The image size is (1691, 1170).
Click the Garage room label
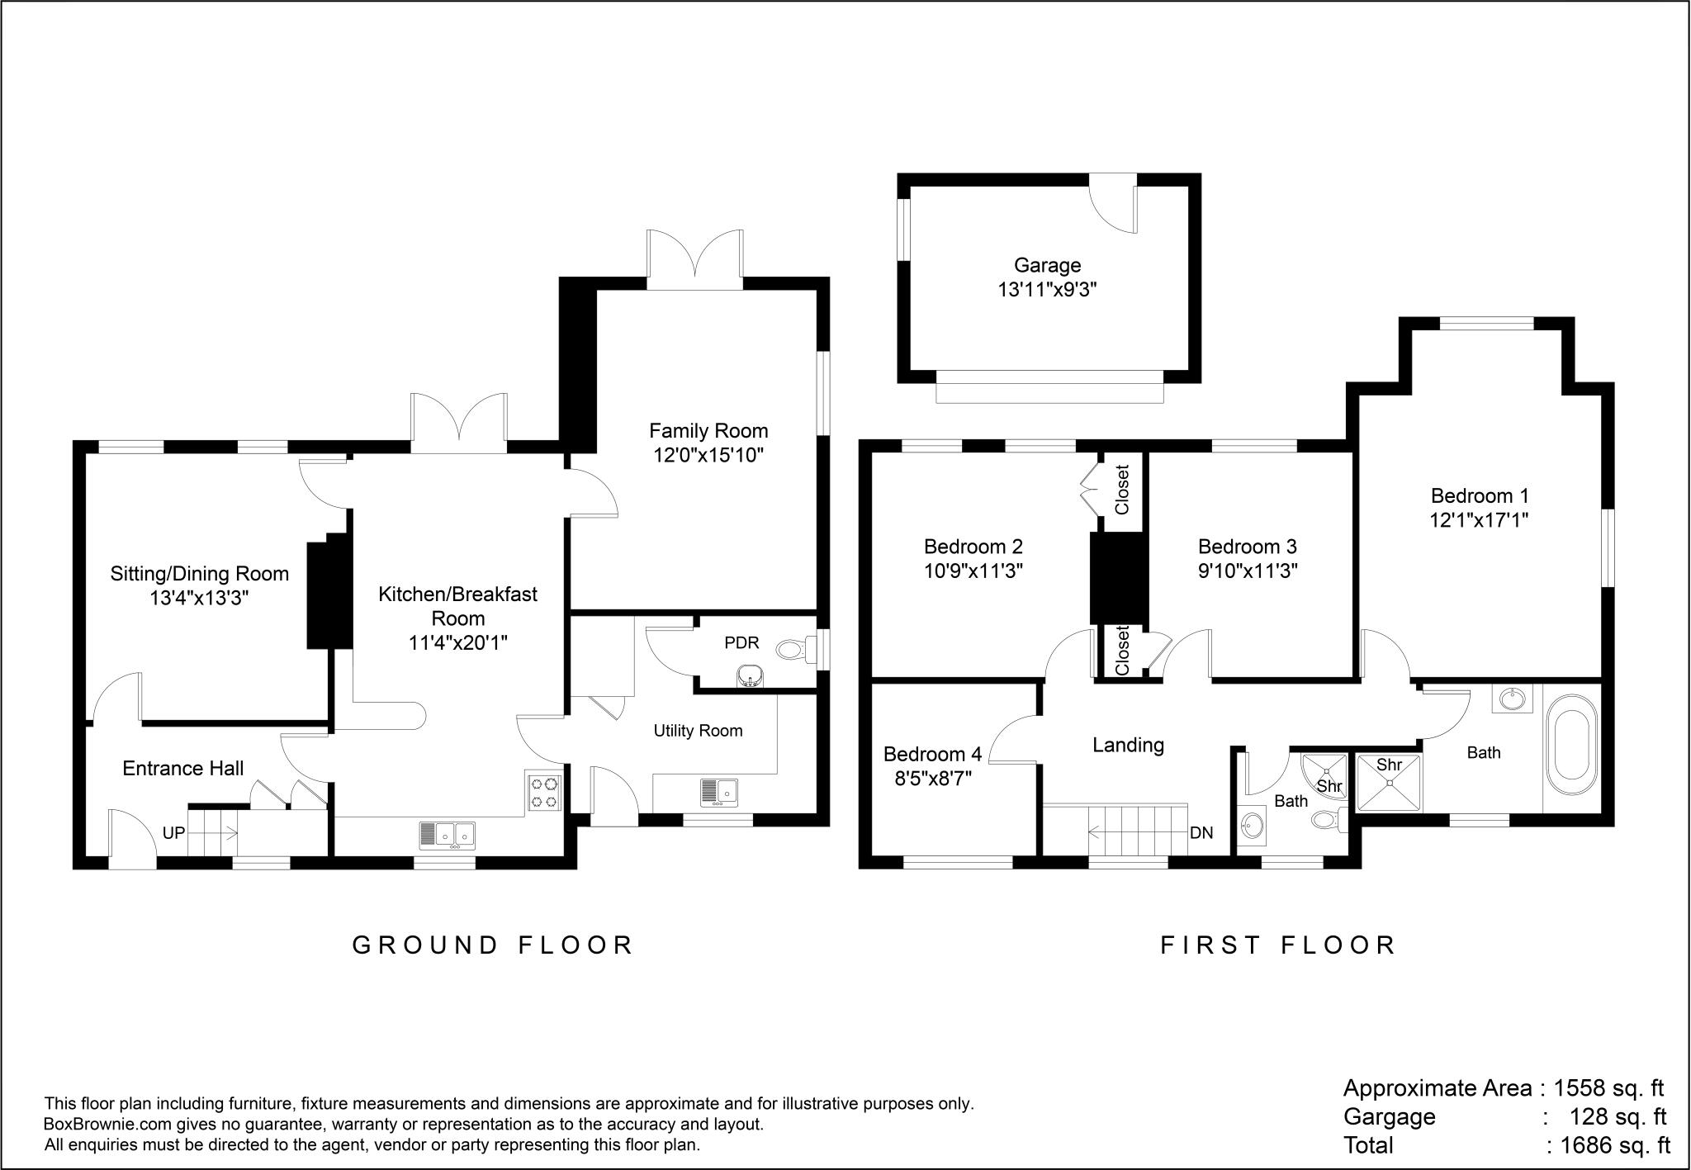click(x=1047, y=266)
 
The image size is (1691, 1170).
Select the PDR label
click(x=741, y=643)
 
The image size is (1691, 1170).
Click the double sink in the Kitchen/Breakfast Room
click(x=447, y=834)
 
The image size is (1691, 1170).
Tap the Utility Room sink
click(x=719, y=792)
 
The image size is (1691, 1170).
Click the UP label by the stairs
click(x=173, y=833)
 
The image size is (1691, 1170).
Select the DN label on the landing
click(x=1201, y=833)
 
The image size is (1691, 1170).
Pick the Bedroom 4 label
click(x=932, y=754)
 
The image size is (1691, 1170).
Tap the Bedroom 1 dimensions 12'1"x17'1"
click(x=1480, y=520)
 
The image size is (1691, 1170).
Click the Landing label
click(x=1128, y=746)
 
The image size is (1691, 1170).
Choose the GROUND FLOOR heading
click(x=493, y=945)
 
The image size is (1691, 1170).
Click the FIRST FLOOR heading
click(x=1278, y=945)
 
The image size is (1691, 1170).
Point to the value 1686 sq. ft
click(x=1615, y=1145)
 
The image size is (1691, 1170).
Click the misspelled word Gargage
click(x=1390, y=1117)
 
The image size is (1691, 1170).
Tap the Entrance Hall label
click(x=183, y=769)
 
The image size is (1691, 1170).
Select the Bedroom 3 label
click(x=1247, y=547)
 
